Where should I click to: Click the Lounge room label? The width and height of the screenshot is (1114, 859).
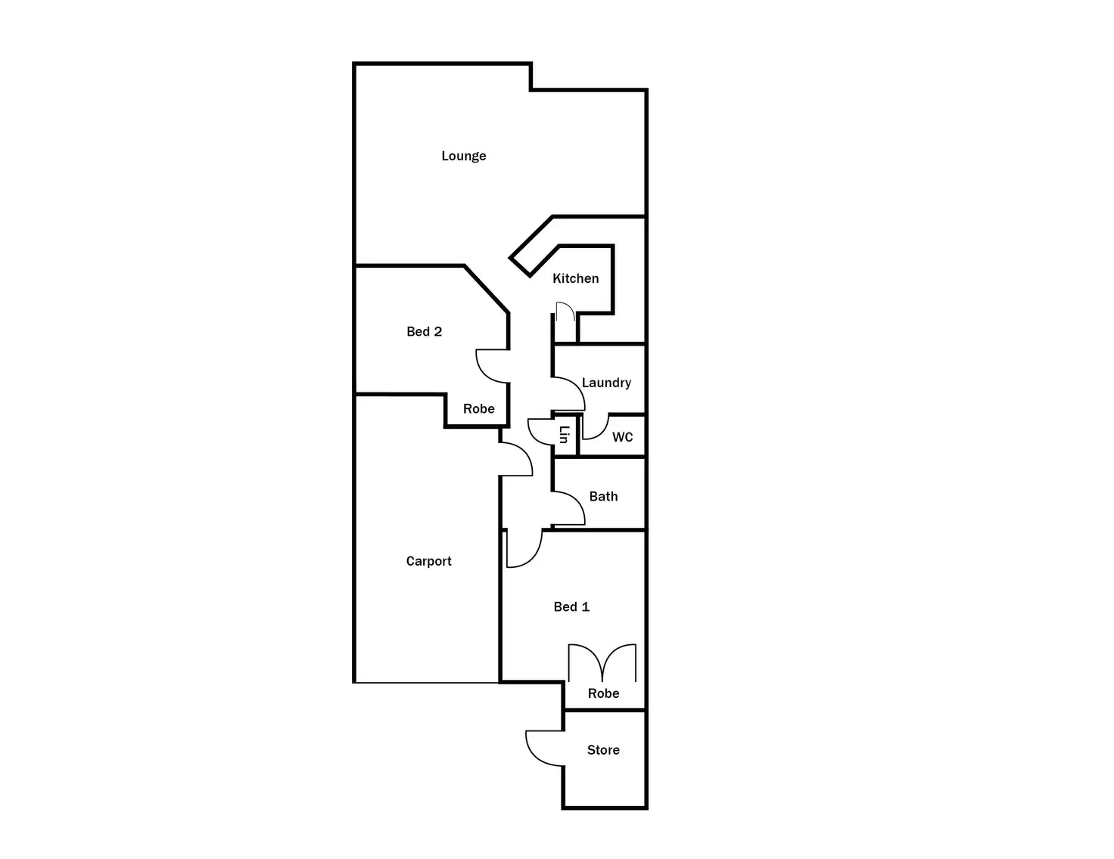[464, 156]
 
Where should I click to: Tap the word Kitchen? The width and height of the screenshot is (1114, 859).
[575, 278]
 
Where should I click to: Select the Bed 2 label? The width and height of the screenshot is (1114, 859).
[424, 331]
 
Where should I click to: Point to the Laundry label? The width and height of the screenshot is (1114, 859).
[606, 383]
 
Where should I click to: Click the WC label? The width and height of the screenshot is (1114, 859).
[622, 437]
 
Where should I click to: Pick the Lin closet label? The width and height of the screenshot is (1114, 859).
[564, 435]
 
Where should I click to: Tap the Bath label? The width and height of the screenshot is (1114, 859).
[603, 496]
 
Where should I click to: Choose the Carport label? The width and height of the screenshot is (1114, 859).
[428, 561]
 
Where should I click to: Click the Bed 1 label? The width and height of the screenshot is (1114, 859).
[571, 606]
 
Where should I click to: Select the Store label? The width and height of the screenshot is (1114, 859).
[603, 750]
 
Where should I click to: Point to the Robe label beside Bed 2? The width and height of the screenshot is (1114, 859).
[478, 408]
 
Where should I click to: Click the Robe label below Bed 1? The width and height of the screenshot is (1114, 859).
[603, 693]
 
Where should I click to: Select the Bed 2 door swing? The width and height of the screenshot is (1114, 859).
[492, 366]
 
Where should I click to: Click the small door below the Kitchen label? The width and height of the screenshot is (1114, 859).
[565, 312]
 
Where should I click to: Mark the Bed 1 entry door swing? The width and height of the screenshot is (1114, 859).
[523, 549]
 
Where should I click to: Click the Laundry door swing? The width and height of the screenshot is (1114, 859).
[569, 393]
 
